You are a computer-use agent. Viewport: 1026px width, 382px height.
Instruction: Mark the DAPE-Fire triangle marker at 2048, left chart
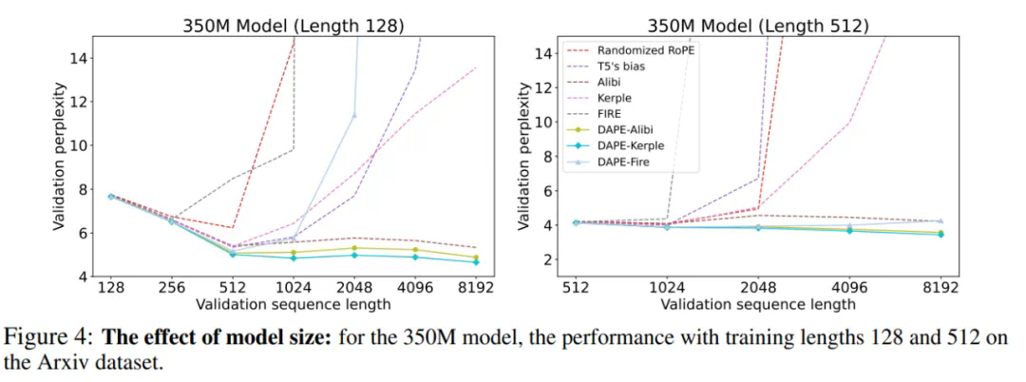click(x=354, y=116)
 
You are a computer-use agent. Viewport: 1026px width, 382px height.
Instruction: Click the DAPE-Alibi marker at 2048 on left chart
click(x=354, y=248)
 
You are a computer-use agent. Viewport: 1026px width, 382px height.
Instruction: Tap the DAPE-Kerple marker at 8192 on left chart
click(x=475, y=261)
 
